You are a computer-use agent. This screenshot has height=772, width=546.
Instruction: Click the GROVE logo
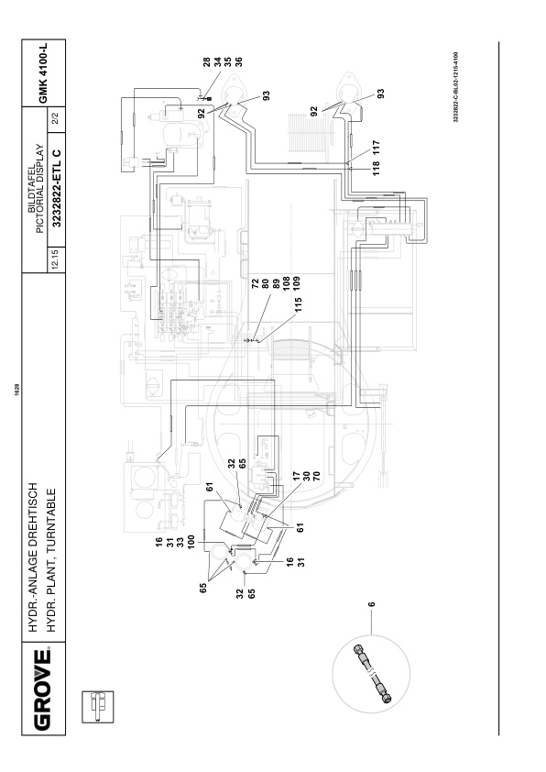[x=43, y=689]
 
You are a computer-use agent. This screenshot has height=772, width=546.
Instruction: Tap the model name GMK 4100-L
[x=43, y=72]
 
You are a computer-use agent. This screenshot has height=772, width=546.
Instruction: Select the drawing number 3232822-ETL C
[x=57, y=188]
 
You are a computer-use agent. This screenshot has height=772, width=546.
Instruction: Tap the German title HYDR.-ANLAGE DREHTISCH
[x=33, y=557]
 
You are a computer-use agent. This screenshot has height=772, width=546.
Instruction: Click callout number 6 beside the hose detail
[x=372, y=603]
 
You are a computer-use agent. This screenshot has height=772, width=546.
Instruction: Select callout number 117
[x=377, y=148]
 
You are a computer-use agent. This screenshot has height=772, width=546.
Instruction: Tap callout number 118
[x=377, y=168]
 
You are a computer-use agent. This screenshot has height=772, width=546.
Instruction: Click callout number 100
[x=191, y=542]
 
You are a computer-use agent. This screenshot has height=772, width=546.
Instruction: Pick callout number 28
[x=207, y=61]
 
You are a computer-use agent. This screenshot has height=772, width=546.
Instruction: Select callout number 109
[x=297, y=283]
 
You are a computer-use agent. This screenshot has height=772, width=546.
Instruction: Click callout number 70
[x=317, y=476]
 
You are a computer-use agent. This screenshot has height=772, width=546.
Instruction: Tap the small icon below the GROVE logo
[x=97, y=707]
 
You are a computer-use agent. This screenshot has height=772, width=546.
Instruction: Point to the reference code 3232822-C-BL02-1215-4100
[x=456, y=87]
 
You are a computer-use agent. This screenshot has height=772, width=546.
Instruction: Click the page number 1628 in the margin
[x=17, y=386]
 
